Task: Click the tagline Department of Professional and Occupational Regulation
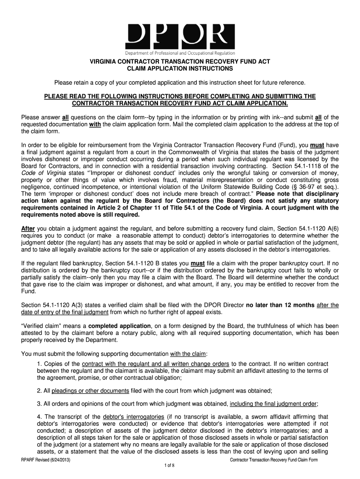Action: (x=180, y=53)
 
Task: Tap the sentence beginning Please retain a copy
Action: (x=180, y=83)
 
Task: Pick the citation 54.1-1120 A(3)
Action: (x=56, y=305)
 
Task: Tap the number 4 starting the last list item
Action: (x=39, y=417)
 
